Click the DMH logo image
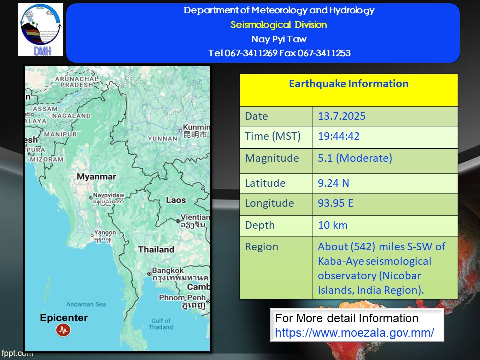41,30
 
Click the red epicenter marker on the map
63,330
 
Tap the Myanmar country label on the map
96,177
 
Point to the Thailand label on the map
156,250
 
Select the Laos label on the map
176,200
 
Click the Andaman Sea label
86,304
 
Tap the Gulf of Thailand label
161,324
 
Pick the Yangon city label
105,232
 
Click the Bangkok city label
168,270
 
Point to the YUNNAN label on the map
163,139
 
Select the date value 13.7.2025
342,116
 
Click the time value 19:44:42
339,136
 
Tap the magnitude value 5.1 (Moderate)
355,158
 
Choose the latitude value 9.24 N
333,183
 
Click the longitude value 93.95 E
336,203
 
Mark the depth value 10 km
333,225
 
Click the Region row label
261,247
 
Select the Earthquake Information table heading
349,84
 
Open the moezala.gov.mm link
354,333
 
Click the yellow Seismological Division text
279,25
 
